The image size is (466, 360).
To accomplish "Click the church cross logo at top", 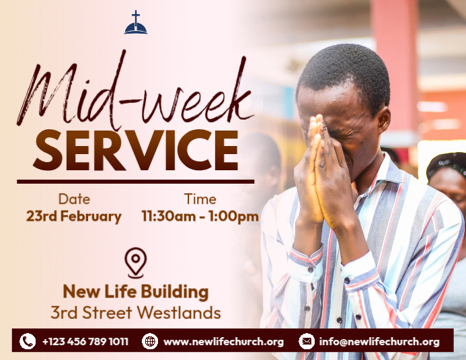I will point(136,23).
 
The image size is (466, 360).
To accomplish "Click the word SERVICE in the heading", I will point(135,149).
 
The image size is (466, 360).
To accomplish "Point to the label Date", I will point(74,199).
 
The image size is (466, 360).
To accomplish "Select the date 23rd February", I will point(74,217).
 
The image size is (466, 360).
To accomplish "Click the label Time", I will point(200,199).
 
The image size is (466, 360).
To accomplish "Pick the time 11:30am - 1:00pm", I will point(200,217).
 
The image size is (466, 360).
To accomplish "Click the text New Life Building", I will point(136,292).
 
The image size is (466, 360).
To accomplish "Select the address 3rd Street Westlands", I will point(136,313).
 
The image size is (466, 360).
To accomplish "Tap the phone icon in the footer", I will point(28,341).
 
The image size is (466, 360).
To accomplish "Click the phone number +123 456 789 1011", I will point(85,342).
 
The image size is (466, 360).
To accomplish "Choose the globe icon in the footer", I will point(150,341).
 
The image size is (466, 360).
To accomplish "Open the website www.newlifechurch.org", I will point(223,342).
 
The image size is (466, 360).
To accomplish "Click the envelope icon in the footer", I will point(307,341).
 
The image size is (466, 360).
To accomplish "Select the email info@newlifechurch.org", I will point(379,342).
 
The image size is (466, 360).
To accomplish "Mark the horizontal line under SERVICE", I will point(135,181).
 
